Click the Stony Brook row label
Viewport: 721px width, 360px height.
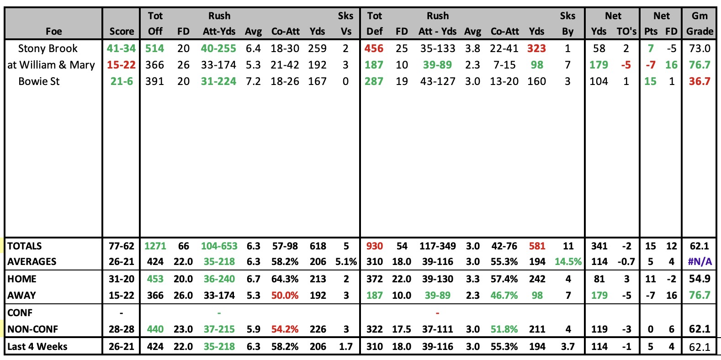tap(48, 48)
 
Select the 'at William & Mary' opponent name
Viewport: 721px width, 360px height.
tap(51, 65)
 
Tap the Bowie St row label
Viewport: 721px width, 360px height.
tap(39, 81)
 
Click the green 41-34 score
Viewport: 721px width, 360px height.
tap(121, 48)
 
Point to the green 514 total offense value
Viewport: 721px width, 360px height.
tap(154, 48)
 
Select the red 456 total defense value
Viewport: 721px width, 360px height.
tap(374, 48)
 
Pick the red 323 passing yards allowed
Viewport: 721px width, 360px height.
tap(536, 48)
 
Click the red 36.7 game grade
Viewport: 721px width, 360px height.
tap(700, 81)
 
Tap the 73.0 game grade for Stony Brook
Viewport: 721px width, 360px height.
tap(700, 48)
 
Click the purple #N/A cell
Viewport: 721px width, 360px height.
tap(700, 262)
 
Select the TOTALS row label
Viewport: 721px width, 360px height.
tap(25, 246)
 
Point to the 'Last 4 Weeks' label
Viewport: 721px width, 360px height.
tap(37, 346)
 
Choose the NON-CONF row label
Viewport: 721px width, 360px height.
tap(32, 329)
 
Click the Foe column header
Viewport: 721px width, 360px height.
tap(54, 31)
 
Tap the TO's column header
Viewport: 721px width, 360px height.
tap(626, 31)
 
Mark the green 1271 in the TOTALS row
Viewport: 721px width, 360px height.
tap(155, 246)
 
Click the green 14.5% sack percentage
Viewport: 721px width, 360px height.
tap(568, 262)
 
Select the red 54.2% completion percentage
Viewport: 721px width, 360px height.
tap(285, 329)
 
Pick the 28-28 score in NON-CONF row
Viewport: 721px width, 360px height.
tap(122, 329)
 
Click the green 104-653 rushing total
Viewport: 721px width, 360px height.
tap(219, 246)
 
